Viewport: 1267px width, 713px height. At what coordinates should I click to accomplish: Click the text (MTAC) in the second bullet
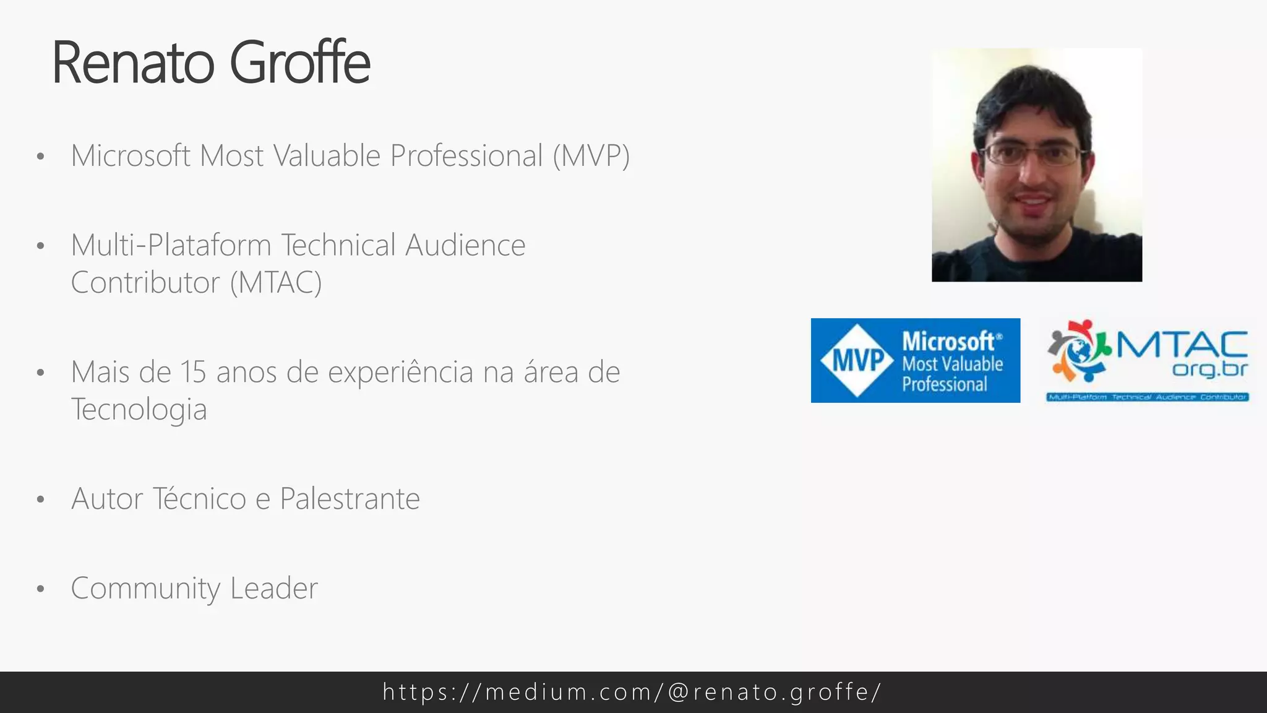[x=276, y=283]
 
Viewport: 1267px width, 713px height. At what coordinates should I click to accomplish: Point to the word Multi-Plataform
[x=171, y=246]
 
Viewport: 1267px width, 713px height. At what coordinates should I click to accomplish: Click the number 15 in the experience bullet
[x=193, y=373]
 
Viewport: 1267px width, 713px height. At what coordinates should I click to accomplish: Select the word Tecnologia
[x=139, y=410]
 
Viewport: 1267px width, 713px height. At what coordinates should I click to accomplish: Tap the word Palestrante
[x=350, y=499]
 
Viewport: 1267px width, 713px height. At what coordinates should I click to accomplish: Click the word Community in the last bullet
[x=145, y=589]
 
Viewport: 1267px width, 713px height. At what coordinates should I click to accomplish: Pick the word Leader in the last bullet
[x=273, y=589]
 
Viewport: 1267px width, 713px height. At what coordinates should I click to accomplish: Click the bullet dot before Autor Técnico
[x=41, y=499]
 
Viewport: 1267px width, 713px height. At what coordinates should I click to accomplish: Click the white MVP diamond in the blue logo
[x=857, y=360]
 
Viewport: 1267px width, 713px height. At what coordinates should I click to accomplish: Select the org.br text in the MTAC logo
[x=1209, y=369]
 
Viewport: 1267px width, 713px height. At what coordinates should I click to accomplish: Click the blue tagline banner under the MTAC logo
[x=1147, y=397]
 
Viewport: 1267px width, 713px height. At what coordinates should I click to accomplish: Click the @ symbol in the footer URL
[x=679, y=692]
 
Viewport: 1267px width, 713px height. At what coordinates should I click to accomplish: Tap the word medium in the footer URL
[x=536, y=692]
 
